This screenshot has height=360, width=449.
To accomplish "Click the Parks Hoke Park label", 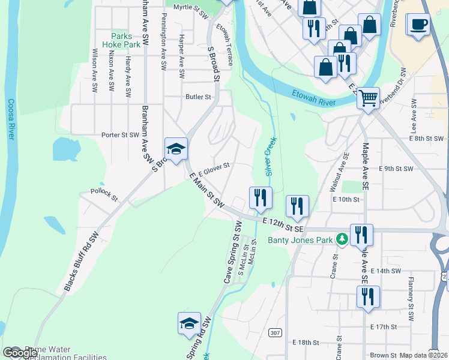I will pyautogui.click(x=125, y=40).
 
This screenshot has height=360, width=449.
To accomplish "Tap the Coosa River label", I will pyautogui.click(x=10, y=119).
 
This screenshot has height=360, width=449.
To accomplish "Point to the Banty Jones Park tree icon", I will pyautogui.click(x=342, y=240).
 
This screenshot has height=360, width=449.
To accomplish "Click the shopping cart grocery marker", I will pyautogui.click(x=367, y=97).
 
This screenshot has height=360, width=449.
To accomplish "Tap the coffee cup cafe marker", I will pyautogui.click(x=418, y=25).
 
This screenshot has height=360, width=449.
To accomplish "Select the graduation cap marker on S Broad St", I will pyautogui.click(x=176, y=149).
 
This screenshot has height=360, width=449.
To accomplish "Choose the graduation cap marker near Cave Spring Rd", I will pyautogui.click(x=189, y=323).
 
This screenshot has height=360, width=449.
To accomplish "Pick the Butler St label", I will pyautogui.click(x=199, y=97).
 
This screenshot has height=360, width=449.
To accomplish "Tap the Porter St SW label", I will pyautogui.click(x=120, y=135).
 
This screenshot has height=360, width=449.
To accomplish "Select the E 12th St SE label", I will pyautogui.click(x=283, y=225).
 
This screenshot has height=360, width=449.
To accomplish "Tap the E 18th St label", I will pyautogui.click(x=306, y=342).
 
